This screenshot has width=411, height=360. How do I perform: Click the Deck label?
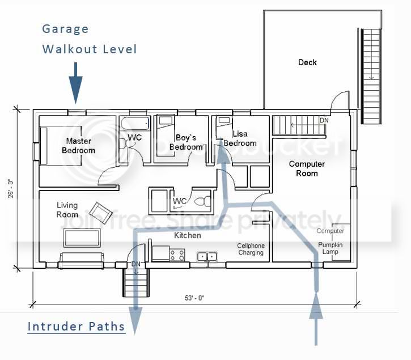307,62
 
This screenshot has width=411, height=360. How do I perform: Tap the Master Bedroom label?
79,146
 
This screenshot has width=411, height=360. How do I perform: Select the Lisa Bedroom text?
240,139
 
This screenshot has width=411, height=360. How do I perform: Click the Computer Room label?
307,168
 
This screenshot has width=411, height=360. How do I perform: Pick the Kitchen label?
188,235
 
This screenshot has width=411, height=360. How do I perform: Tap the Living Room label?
67,210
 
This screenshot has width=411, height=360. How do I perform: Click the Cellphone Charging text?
251,249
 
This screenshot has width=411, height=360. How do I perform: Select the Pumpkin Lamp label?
330,247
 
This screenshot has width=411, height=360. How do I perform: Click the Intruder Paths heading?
77,327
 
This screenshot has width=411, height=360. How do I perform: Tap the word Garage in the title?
66,29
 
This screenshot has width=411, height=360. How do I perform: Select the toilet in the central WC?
202,200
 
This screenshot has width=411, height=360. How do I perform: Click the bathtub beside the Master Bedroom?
134,123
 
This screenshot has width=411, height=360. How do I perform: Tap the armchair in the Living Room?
102,213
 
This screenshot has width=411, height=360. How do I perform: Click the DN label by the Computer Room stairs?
324,121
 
